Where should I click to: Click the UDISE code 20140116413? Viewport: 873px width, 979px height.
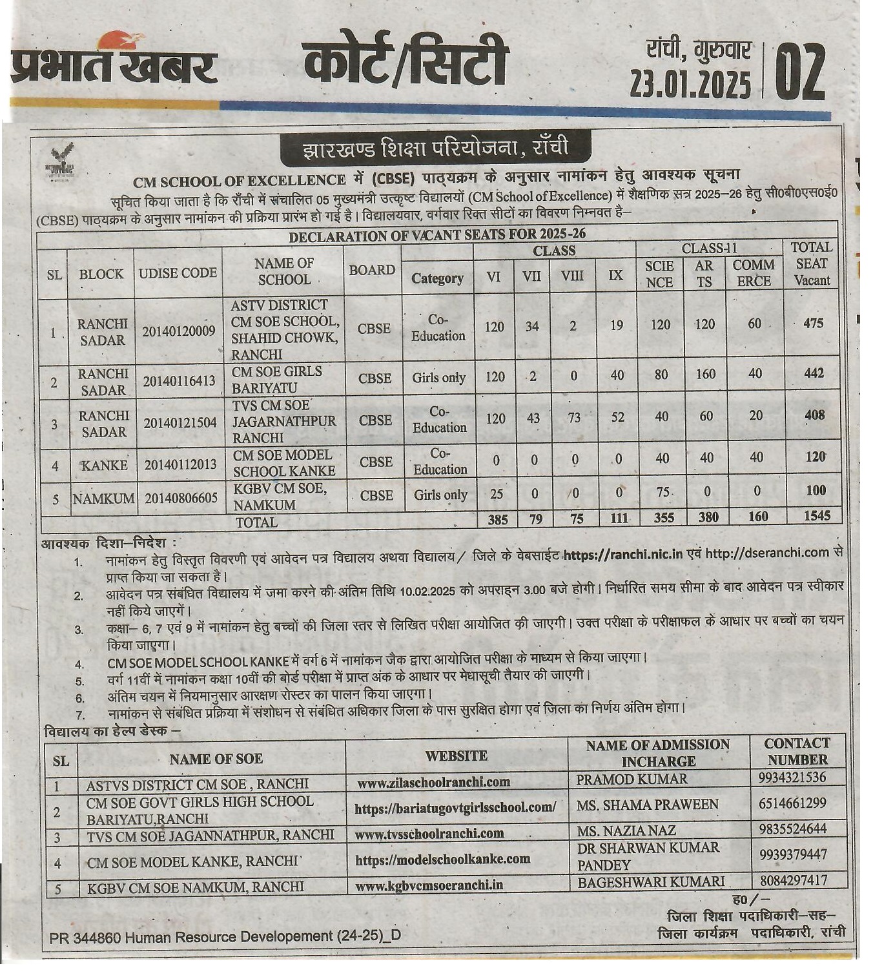click(x=179, y=381)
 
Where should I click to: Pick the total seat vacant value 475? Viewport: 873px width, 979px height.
click(x=813, y=322)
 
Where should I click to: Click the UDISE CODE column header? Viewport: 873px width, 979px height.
click(x=178, y=273)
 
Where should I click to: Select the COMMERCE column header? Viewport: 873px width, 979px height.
click(x=754, y=273)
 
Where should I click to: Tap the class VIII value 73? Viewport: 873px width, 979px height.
click(x=573, y=417)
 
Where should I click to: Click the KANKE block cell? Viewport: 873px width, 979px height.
click(x=104, y=465)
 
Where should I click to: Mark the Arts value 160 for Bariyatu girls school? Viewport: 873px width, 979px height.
click(x=705, y=374)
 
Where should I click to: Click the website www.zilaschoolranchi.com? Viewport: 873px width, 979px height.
click(x=433, y=782)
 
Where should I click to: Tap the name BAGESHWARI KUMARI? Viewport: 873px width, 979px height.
click(x=650, y=882)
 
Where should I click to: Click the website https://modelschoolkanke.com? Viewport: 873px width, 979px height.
click(x=442, y=860)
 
